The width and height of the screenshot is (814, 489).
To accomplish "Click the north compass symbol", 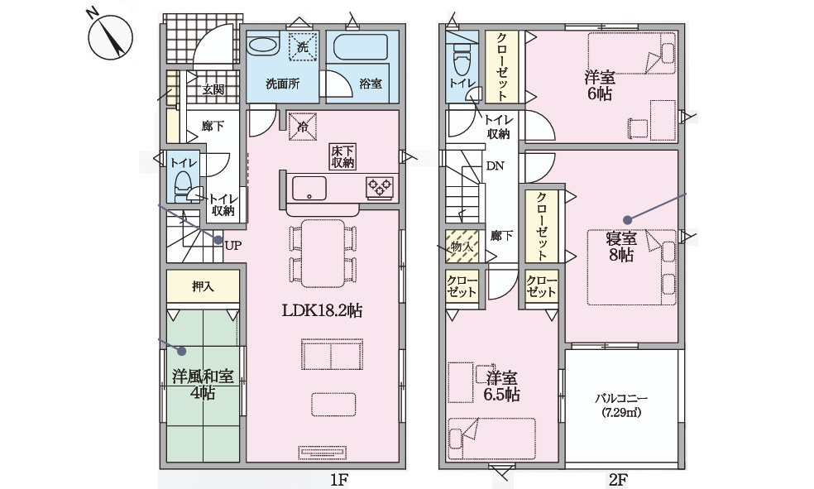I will (x=109, y=36).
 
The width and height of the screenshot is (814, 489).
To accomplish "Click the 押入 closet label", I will (x=203, y=287).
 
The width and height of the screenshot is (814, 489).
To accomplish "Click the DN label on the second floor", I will (x=495, y=165).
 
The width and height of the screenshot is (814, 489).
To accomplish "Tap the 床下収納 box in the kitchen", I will (x=343, y=156).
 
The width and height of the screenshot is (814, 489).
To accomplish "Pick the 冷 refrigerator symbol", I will (x=302, y=127).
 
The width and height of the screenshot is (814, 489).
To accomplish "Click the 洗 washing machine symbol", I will (x=302, y=47).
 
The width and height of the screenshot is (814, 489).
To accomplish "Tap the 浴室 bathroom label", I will (x=370, y=84).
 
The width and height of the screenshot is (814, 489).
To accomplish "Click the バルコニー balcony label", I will (x=623, y=405).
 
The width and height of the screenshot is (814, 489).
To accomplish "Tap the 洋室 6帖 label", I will (x=599, y=85).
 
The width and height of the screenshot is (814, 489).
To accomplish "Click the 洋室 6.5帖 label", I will (x=502, y=386).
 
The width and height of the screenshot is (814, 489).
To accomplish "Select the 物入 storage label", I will (x=461, y=246).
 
